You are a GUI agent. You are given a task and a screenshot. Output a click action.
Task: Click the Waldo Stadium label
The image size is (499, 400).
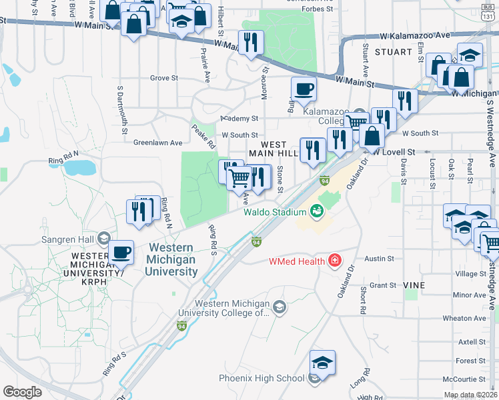[x=274, y=212]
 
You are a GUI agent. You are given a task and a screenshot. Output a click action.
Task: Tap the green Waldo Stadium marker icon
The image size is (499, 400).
[x=317, y=212]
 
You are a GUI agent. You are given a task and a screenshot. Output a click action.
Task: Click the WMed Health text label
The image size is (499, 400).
[x=297, y=261]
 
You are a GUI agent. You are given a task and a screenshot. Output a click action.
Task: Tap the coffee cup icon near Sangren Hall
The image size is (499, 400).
[x=121, y=253]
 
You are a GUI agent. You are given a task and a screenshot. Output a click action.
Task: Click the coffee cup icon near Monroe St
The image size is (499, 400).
[x=304, y=89]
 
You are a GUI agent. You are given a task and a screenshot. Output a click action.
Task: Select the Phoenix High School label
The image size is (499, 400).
[x=262, y=379]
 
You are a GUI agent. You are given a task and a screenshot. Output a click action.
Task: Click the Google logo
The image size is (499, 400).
[x=22, y=392]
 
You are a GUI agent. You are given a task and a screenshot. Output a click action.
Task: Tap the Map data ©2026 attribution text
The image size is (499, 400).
[x=470, y=395]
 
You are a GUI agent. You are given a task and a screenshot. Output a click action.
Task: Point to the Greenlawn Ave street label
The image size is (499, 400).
[x=157, y=143]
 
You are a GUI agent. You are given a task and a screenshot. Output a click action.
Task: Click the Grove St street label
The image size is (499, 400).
[x=164, y=78]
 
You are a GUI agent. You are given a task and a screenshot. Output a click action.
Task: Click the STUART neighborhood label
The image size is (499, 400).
[x=394, y=51]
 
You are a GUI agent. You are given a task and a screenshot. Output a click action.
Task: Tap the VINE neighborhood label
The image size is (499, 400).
[x=414, y=285]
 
